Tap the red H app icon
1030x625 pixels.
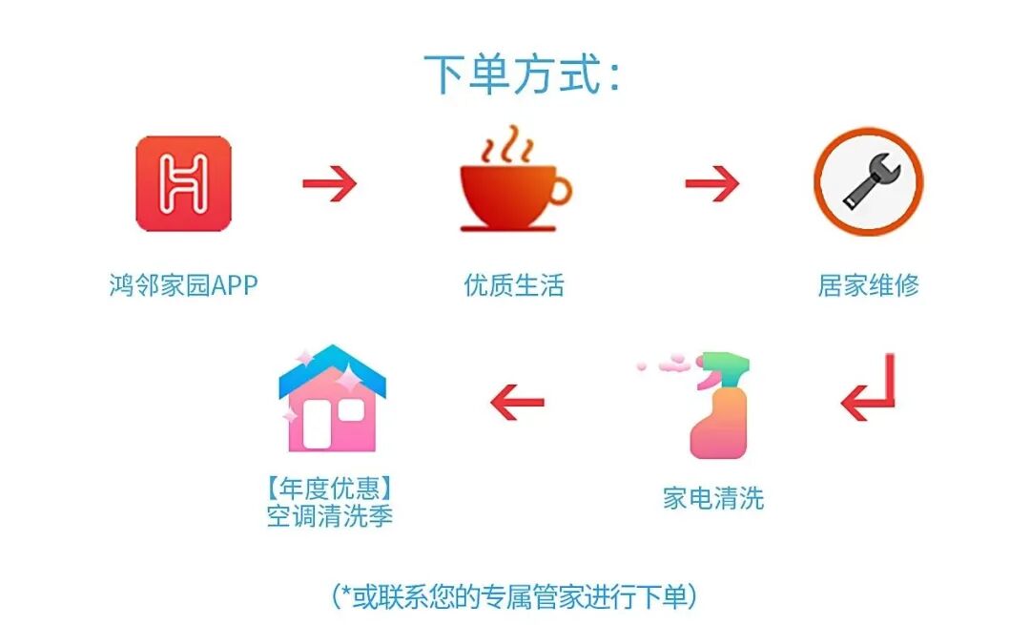(x=184, y=184)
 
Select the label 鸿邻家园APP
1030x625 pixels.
(x=184, y=285)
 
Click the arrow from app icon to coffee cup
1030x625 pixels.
(x=330, y=184)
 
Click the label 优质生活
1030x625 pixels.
(x=514, y=285)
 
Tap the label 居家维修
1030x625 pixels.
(x=869, y=285)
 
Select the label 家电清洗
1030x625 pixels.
(x=713, y=498)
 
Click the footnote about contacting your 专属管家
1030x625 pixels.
(x=514, y=597)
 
